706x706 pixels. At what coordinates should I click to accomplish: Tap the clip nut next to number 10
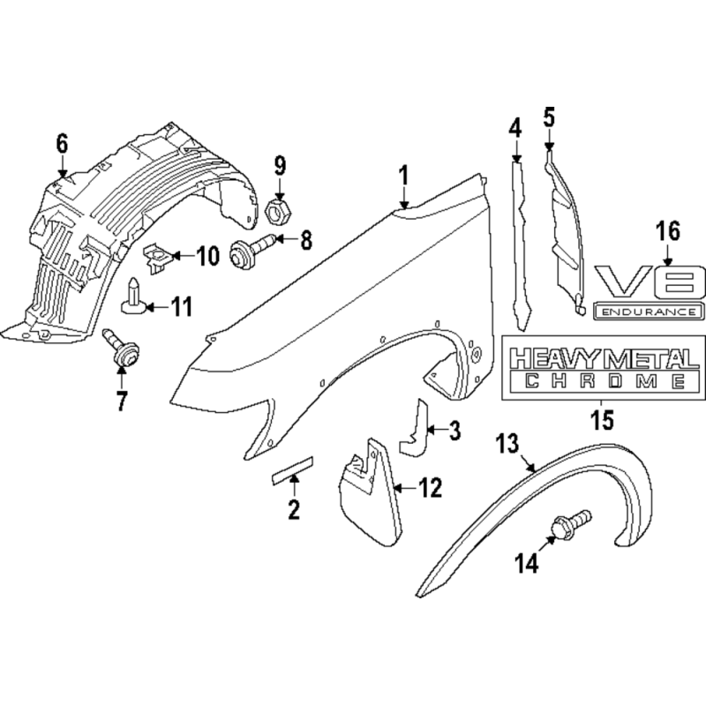pyautogui.click(x=156, y=259)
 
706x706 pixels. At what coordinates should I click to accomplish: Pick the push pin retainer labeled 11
pyautogui.click(x=133, y=297)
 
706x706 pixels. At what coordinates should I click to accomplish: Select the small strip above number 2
pyautogui.click(x=292, y=471)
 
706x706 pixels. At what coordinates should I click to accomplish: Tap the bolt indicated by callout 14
pyautogui.click(x=570, y=524)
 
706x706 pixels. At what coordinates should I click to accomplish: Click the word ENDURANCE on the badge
pyautogui.click(x=649, y=312)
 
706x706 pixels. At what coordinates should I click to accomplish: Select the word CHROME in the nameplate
pyautogui.click(x=605, y=381)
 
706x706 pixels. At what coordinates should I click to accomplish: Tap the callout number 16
pyautogui.click(x=668, y=231)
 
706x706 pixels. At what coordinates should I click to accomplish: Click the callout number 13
pyautogui.click(x=507, y=444)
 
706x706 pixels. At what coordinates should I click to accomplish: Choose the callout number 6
pyautogui.click(x=62, y=144)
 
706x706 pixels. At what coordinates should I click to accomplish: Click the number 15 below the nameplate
pyautogui.click(x=603, y=420)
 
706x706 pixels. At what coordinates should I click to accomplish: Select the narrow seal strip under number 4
pyautogui.click(x=521, y=246)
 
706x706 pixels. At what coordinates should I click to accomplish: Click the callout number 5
pyautogui.click(x=549, y=117)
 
